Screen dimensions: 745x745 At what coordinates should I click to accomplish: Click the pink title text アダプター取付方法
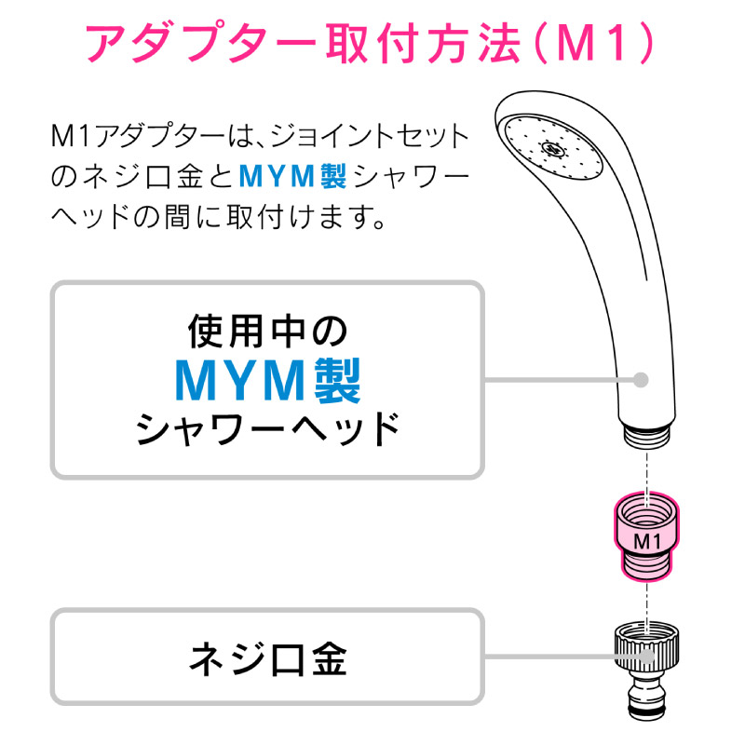point(304,44)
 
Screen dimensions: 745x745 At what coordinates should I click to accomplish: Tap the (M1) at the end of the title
point(594,44)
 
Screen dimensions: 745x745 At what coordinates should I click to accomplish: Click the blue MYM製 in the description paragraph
point(292,176)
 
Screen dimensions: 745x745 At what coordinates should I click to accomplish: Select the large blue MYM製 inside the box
point(268,381)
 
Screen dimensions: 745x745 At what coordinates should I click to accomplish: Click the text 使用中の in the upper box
point(268,332)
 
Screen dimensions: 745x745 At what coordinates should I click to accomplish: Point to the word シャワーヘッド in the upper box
point(268,428)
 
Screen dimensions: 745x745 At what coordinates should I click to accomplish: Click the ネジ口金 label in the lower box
point(268,659)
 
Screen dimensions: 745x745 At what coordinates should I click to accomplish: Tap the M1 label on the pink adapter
point(647,541)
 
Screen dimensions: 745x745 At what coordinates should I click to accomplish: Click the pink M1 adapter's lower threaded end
point(646,565)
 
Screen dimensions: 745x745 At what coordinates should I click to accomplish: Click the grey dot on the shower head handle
point(641,380)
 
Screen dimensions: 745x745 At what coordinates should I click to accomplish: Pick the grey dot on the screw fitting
point(646,657)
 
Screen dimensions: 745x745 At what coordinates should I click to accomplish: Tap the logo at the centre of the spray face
point(552,149)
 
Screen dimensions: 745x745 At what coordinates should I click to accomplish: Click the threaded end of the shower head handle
point(646,435)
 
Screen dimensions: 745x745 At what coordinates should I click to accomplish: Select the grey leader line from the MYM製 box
point(560,380)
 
